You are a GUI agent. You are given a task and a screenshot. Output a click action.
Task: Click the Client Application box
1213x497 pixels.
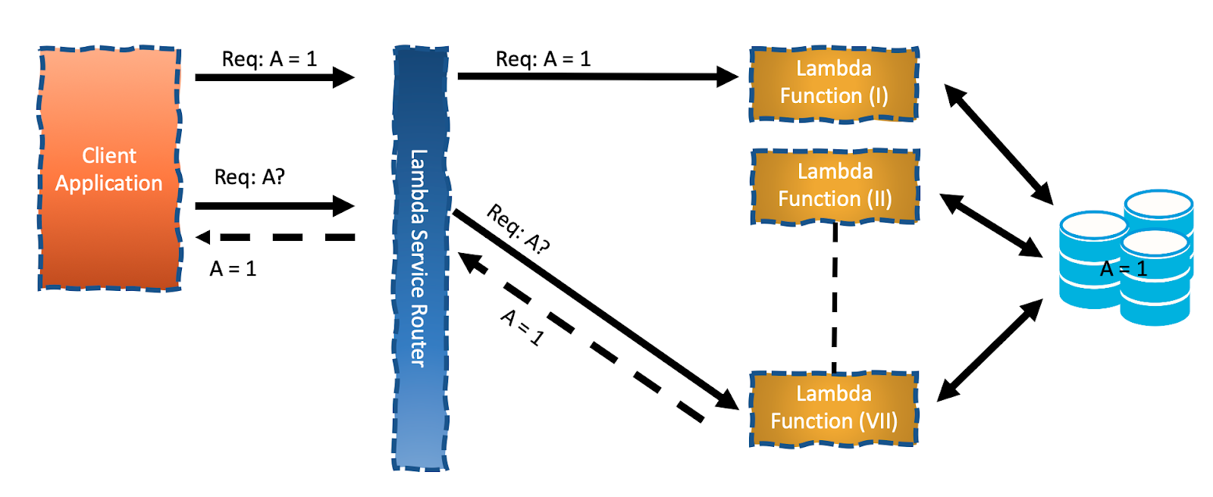tap(109, 168)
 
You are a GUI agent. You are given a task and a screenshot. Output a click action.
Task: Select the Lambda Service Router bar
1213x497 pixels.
tap(420, 258)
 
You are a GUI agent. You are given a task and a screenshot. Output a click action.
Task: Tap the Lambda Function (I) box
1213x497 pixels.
tap(834, 83)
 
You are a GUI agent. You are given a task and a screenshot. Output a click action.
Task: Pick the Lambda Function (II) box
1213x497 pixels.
tap(835, 186)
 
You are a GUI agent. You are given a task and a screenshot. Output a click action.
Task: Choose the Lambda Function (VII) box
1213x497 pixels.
tap(834, 408)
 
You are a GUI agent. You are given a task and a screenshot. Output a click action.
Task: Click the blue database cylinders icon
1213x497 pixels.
tap(1126, 258)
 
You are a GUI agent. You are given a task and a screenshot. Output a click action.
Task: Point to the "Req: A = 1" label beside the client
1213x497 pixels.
tap(269, 59)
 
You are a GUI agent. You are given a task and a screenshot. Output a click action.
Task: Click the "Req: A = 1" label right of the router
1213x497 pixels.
tap(543, 59)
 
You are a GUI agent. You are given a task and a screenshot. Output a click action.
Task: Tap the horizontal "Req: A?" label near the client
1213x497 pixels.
tap(249, 177)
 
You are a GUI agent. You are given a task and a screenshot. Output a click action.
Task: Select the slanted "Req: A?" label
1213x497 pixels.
tap(518, 228)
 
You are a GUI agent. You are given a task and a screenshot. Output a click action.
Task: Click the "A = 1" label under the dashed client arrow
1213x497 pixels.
tap(233, 269)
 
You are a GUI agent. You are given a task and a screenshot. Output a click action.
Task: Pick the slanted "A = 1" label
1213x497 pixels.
tap(522, 327)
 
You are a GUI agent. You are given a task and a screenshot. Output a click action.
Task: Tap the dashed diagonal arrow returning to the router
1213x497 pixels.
tap(584, 339)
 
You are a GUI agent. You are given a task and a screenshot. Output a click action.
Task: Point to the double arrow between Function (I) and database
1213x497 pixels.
tap(998, 144)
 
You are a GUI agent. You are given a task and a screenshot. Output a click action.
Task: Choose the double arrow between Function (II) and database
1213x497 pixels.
tap(991, 225)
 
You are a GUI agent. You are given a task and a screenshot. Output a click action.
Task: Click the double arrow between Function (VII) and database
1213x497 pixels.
tap(990, 349)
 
